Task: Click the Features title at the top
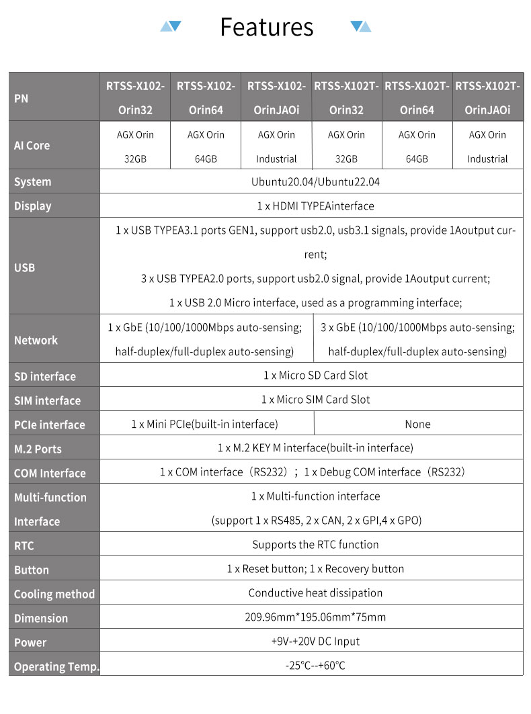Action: pyautogui.click(x=266, y=27)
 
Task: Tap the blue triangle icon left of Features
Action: pyautogui.click(x=171, y=26)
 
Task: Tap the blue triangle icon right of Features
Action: pyautogui.click(x=361, y=26)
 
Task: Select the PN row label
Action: pyautogui.click(x=54, y=97)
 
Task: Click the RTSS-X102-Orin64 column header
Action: pyautogui.click(x=206, y=97)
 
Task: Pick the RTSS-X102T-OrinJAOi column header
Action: pyautogui.click(x=487, y=97)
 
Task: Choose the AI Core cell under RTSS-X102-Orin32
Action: pyautogui.click(x=135, y=146)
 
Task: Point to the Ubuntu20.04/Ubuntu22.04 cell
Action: pyautogui.click(x=311, y=182)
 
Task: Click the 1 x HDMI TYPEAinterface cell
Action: pyautogui.click(x=311, y=206)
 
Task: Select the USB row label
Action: pyautogui.click(x=54, y=267)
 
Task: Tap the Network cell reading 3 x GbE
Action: pyautogui.click(x=417, y=339)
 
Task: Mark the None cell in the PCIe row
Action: pyautogui.click(x=417, y=424)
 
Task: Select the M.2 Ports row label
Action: pyautogui.click(x=54, y=449)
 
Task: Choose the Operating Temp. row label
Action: pyautogui.click(x=54, y=666)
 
